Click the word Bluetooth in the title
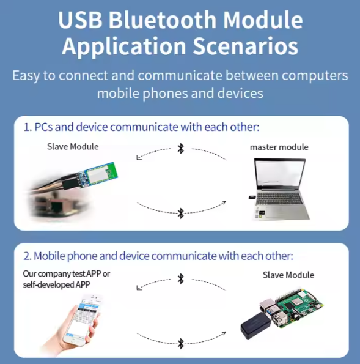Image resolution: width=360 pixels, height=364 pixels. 163,20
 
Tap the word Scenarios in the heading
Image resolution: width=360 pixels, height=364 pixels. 246,46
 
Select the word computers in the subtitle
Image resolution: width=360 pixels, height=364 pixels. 315,76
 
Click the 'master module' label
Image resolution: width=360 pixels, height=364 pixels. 279,147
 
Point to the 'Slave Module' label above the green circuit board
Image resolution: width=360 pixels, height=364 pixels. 73,147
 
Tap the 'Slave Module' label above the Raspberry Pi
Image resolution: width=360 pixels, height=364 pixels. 288,275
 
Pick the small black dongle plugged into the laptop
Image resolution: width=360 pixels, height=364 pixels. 252,198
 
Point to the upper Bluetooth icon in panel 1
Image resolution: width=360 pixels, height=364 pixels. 181,149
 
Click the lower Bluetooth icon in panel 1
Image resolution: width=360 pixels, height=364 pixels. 181,213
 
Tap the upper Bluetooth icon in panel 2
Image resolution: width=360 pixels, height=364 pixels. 181,279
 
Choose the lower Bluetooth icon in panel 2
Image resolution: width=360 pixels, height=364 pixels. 181,343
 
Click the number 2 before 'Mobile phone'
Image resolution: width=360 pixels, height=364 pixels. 26,256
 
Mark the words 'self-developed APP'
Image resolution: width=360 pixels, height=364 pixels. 56,284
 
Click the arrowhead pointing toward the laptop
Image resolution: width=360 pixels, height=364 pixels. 224,203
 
